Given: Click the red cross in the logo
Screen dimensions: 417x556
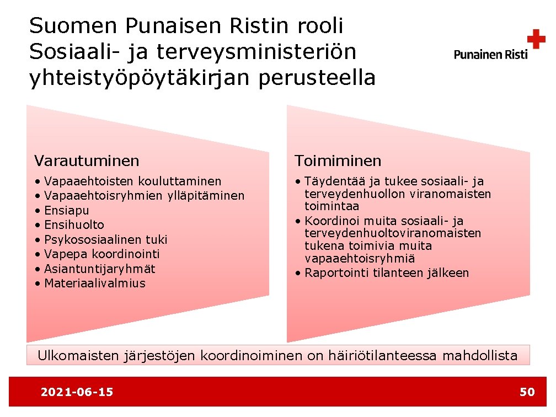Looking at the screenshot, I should click(x=536, y=40).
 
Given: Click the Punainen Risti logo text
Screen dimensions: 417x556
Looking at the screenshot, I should click(x=490, y=54).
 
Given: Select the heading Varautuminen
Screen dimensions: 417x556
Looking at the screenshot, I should click(x=87, y=161).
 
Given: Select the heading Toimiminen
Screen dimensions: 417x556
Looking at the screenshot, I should click(x=338, y=161).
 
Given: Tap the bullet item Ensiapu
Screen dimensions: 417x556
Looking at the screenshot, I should click(x=66, y=210).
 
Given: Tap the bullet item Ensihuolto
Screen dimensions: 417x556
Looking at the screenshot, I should click(x=74, y=225).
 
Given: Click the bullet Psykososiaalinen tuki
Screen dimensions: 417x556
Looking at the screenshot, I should click(x=105, y=239).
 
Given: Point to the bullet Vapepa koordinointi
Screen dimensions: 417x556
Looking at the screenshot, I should click(x=101, y=254).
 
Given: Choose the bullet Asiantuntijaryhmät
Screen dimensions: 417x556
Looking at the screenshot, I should click(x=99, y=269).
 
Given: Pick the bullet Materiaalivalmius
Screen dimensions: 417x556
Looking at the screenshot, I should click(x=94, y=284).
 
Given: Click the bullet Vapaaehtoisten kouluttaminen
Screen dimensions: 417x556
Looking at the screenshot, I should click(x=132, y=181).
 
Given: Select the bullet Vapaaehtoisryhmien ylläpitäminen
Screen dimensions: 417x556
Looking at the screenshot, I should click(x=143, y=196).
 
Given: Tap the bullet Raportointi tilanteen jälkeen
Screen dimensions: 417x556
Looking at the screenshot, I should click(x=386, y=273).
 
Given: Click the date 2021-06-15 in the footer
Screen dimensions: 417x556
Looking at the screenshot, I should click(x=77, y=392).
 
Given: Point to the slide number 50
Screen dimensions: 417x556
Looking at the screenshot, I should click(x=527, y=392).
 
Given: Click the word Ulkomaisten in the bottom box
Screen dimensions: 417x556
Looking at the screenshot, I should click(x=78, y=356).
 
